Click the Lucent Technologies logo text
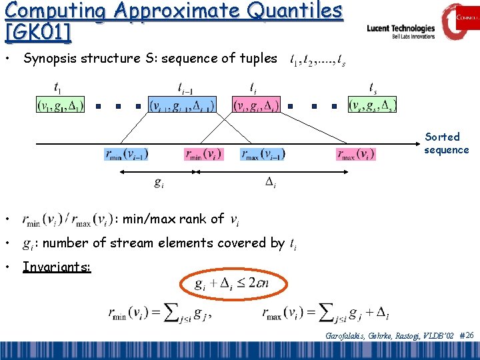401,29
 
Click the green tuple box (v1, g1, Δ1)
60,105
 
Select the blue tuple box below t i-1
182,105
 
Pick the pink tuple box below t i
257,105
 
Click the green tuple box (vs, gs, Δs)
373,105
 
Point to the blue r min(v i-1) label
127,154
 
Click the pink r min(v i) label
203,154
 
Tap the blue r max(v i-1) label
263,154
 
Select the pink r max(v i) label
356,154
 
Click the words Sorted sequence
446,143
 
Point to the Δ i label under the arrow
271,181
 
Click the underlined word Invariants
57,267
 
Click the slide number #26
467,335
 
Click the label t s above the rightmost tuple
373,87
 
